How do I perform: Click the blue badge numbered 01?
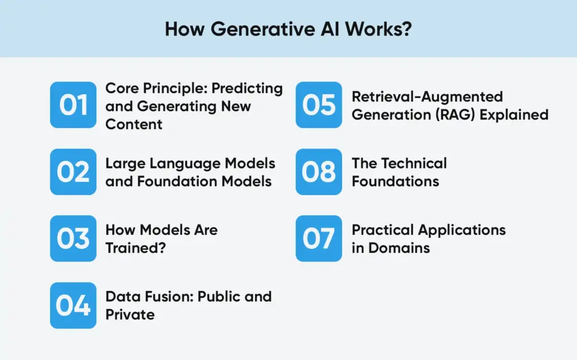(x=73, y=105)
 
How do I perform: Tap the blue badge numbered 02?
(x=73, y=172)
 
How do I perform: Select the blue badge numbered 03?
(x=73, y=238)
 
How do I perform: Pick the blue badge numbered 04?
(x=73, y=305)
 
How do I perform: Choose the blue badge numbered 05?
(x=319, y=105)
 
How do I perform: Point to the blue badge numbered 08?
(x=319, y=172)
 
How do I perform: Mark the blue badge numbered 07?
(x=319, y=238)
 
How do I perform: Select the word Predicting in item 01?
(x=247, y=88)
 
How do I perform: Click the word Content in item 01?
(x=134, y=124)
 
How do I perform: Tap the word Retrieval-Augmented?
(x=427, y=97)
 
